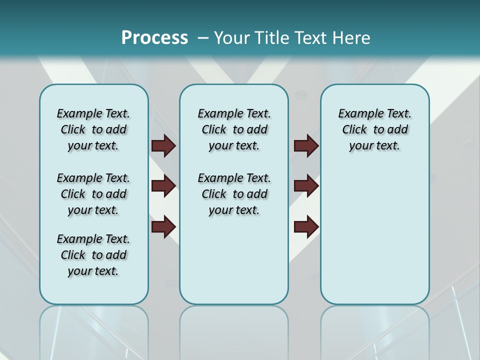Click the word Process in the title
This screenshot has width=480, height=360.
[154, 38]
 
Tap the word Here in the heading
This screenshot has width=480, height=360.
[350, 38]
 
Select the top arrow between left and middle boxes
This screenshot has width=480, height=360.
[163, 145]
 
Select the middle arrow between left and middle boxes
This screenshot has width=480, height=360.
[163, 186]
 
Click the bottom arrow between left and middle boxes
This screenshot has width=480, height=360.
[163, 226]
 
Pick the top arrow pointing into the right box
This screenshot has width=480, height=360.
[306, 145]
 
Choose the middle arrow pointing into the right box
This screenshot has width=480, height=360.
[306, 186]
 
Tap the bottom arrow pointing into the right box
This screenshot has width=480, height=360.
[306, 226]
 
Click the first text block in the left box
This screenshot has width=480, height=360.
[93, 129]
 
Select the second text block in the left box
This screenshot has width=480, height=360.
[93, 194]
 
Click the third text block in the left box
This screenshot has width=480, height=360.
[93, 255]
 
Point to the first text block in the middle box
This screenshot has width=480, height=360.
[234, 129]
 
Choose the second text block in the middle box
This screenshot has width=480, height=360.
[234, 194]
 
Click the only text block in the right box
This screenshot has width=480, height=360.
[374, 129]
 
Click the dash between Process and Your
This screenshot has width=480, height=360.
[203, 38]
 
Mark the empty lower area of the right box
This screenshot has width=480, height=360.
[374, 240]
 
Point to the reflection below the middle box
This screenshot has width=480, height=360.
[234, 330]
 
